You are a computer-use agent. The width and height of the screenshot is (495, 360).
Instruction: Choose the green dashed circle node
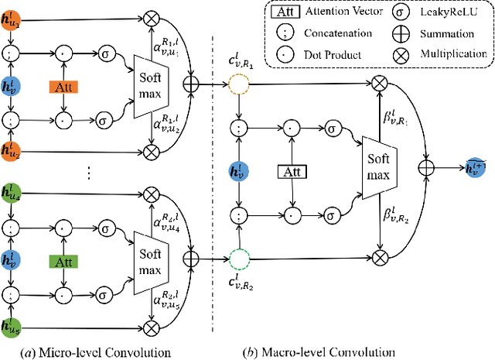click(x=241, y=256)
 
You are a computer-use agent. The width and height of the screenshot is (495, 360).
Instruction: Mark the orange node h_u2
click(x=12, y=150)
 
